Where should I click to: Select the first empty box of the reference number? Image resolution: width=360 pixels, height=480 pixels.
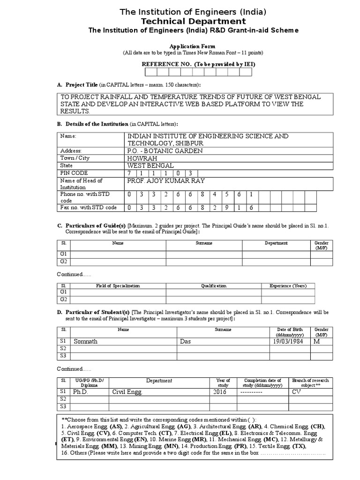(151, 72)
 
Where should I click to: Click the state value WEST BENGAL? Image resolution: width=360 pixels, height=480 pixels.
(150, 165)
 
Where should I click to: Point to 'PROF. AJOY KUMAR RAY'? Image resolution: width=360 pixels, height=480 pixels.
(166, 181)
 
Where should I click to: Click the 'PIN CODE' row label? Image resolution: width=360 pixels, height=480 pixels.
(74, 173)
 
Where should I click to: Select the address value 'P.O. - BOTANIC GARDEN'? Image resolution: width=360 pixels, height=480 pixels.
(165, 150)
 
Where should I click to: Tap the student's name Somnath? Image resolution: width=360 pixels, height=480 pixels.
(85, 341)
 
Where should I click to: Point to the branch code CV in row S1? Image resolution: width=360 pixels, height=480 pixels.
(296, 391)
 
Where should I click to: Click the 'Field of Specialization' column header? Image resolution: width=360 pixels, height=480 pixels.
(118, 285)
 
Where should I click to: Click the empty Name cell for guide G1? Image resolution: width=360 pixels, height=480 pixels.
(118, 254)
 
